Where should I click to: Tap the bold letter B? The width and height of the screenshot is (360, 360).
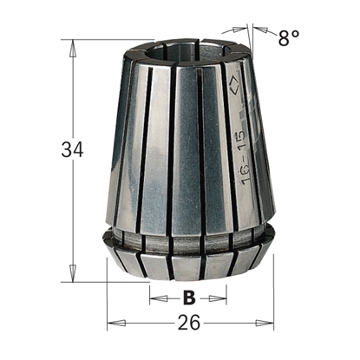pyautogui.click(x=188, y=298)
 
